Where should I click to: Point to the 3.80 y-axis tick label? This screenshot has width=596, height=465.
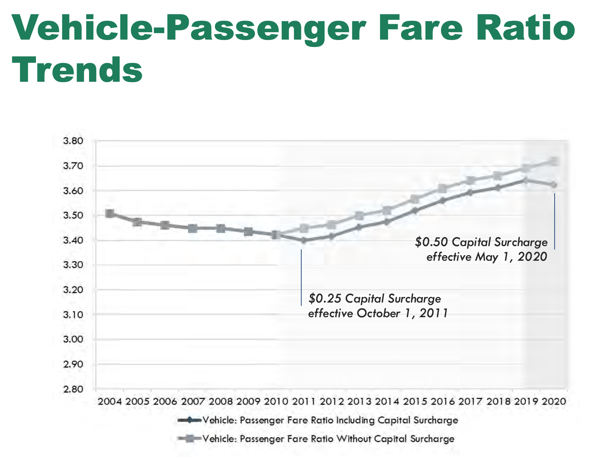(x=73, y=141)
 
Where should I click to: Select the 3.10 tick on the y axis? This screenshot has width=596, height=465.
(x=73, y=315)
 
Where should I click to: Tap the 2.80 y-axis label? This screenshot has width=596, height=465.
(x=73, y=389)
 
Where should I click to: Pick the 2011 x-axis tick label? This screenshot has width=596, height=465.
(x=304, y=401)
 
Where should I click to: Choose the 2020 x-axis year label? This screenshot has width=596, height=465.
(x=554, y=401)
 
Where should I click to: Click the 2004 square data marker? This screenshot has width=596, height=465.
(x=109, y=213)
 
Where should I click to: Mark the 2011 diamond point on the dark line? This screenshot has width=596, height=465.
(x=303, y=241)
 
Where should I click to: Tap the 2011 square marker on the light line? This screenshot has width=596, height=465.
(x=303, y=228)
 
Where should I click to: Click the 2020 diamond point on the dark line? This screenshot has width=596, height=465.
(x=554, y=185)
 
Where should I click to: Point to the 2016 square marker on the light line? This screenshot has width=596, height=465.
(x=442, y=189)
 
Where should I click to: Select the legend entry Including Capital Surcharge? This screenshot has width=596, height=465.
(x=330, y=420)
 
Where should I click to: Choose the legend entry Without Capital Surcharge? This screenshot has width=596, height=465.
(x=328, y=439)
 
